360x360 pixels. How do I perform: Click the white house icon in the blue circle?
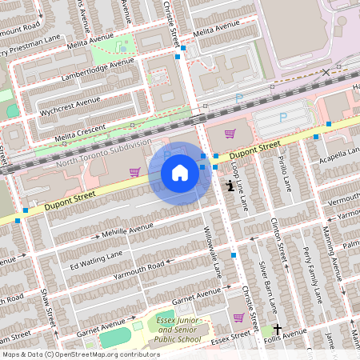point(180,172)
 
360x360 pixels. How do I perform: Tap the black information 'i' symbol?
point(230,186)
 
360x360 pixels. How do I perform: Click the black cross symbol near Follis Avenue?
point(278,329)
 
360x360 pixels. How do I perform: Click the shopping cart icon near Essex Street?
point(238,317)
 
